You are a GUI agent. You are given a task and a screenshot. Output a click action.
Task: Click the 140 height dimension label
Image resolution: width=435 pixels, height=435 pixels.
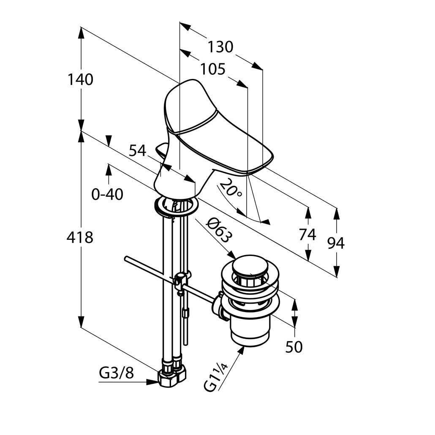click(81, 80)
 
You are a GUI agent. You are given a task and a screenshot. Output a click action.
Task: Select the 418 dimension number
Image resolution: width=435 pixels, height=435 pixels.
click(80, 237)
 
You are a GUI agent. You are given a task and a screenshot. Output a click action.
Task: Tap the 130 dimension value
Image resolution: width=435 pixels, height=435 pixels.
click(221, 47)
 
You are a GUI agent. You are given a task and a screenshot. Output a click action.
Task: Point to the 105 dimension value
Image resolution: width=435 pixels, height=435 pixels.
click(213, 69)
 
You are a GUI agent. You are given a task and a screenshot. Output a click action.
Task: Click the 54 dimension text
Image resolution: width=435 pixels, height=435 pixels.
click(138, 151)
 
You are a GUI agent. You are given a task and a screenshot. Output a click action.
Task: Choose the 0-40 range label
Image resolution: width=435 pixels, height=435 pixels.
click(107, 194)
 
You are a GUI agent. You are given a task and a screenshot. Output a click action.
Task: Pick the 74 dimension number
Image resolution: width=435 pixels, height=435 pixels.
click(307, 235)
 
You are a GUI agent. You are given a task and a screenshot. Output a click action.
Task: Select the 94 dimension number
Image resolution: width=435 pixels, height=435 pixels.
click(336, 243)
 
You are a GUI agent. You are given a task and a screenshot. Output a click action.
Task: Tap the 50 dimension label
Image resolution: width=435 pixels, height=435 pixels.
click(294, 347)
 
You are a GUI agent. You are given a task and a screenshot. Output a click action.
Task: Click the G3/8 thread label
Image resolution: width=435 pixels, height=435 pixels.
click(117, 374)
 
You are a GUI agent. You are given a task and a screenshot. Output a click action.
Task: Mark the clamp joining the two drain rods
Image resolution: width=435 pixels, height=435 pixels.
click(181, 282)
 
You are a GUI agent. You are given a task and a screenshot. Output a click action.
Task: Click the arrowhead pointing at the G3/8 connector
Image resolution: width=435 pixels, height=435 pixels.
click(152, 382)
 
